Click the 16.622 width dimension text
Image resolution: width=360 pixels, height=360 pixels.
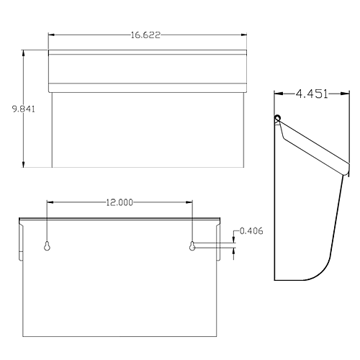(x=147, y=34)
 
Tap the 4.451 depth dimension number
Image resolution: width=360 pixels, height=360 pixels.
(x=312, y=93)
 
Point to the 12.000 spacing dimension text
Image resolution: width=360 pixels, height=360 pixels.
(x=120, y=203)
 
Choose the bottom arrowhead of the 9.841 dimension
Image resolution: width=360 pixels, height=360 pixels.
(x=26, y=164)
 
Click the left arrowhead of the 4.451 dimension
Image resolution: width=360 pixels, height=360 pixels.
(x=278, y=93)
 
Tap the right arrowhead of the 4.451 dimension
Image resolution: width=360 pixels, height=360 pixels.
(x=346, y=93)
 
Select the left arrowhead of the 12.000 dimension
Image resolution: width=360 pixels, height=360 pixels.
(x=50, y=203)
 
